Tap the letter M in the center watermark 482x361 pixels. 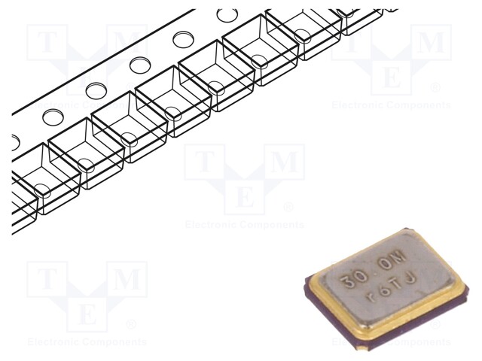(284, 161)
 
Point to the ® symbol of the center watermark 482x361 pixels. (288, 207)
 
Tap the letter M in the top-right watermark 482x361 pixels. (431, 42)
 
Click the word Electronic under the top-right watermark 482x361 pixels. (362, 105)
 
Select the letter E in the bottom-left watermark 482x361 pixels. (87, 314)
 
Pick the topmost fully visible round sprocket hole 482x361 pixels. (225, 14)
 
